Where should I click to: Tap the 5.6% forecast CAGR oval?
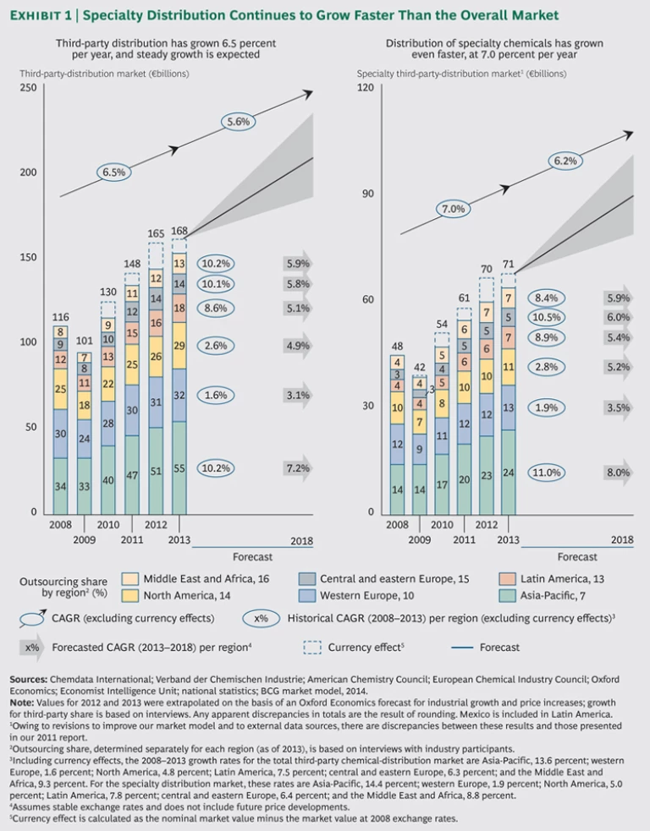tap(240, 122)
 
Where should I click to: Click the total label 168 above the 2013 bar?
tap(179, 231)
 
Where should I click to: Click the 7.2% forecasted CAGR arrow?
tap(297, 468)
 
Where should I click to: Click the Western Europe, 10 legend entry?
tap(363, 594)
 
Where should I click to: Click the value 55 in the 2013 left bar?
tap(179, 468)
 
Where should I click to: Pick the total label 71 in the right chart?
tap(508, 265)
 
